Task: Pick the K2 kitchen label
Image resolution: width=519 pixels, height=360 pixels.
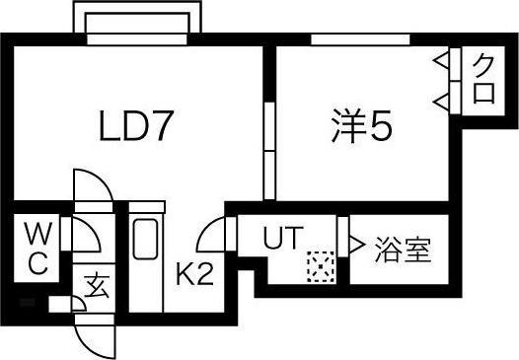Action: pos(194,273)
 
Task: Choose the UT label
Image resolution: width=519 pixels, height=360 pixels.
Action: pos(282,238)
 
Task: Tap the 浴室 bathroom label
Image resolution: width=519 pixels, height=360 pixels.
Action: pos(403,250)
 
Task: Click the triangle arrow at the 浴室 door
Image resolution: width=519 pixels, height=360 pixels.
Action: pos(353,243)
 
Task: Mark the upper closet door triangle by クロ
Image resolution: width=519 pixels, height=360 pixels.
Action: pos(444,61)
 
